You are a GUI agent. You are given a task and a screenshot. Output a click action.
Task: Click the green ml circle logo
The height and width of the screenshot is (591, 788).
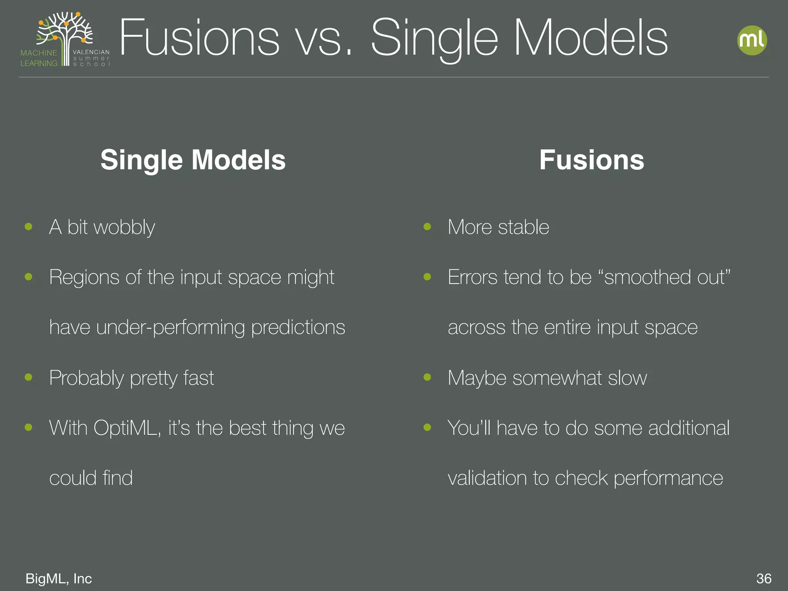coord(752,40)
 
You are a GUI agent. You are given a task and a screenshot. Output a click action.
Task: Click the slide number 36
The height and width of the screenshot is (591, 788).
coord(764,578)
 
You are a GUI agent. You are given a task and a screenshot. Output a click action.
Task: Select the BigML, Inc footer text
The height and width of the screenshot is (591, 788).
coord(58,578)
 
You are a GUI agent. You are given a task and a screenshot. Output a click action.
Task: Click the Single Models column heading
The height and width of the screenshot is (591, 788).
coord(193,160)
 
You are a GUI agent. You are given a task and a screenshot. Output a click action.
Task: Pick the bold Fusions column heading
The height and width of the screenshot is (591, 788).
coord(591,160)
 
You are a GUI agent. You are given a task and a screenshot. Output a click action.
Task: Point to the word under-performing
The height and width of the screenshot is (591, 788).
coord(170,327)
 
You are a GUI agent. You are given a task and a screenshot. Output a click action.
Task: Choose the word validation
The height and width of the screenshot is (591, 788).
coord(487,478)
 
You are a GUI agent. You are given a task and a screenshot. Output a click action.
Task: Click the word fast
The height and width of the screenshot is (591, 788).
coord(199,378)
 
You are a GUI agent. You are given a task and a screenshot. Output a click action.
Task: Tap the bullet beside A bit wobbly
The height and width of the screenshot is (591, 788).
coord(28,227)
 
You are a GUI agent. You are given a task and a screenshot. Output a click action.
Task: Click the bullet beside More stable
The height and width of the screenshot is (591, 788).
coord(427,227)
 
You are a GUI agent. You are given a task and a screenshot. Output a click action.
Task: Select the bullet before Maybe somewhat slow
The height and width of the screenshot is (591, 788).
coord(427,377)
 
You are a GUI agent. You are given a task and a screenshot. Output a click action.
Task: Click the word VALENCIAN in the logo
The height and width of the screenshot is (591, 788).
coord(91,52)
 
